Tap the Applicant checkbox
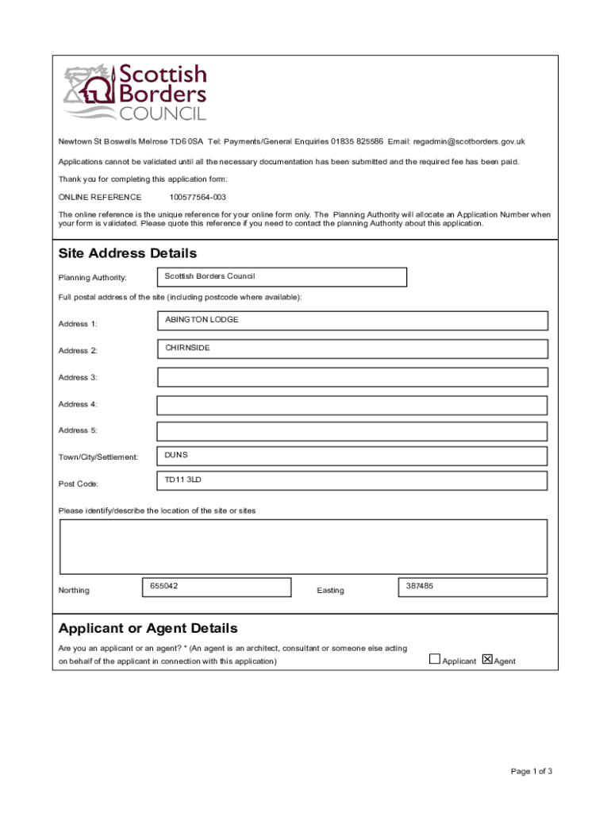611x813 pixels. [x=434, y=659]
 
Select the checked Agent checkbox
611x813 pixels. [x=487, y=659]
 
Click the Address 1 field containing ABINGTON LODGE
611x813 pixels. [x=352, y=321]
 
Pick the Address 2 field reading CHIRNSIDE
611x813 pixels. [x=352, y=349]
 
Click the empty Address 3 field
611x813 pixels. [x=352, y=377]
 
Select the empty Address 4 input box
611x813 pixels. [x=352, y=405]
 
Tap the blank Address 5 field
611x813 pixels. [x=352, y=431]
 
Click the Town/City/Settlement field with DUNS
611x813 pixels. [x=352, y=456]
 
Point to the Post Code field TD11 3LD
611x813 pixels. [x=352, y=481]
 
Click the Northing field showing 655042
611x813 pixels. [x=216, y=588]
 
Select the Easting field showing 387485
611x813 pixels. [x=471, y=588]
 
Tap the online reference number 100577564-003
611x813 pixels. [x=198, y=197]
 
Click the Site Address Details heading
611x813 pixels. [x=128, y=253]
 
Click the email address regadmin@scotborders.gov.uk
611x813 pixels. [x=469, y=141]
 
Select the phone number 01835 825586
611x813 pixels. [x=357, y=141]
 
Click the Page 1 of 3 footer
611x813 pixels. [x=532, y=772]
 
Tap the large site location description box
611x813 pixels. [x=303, y=546]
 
